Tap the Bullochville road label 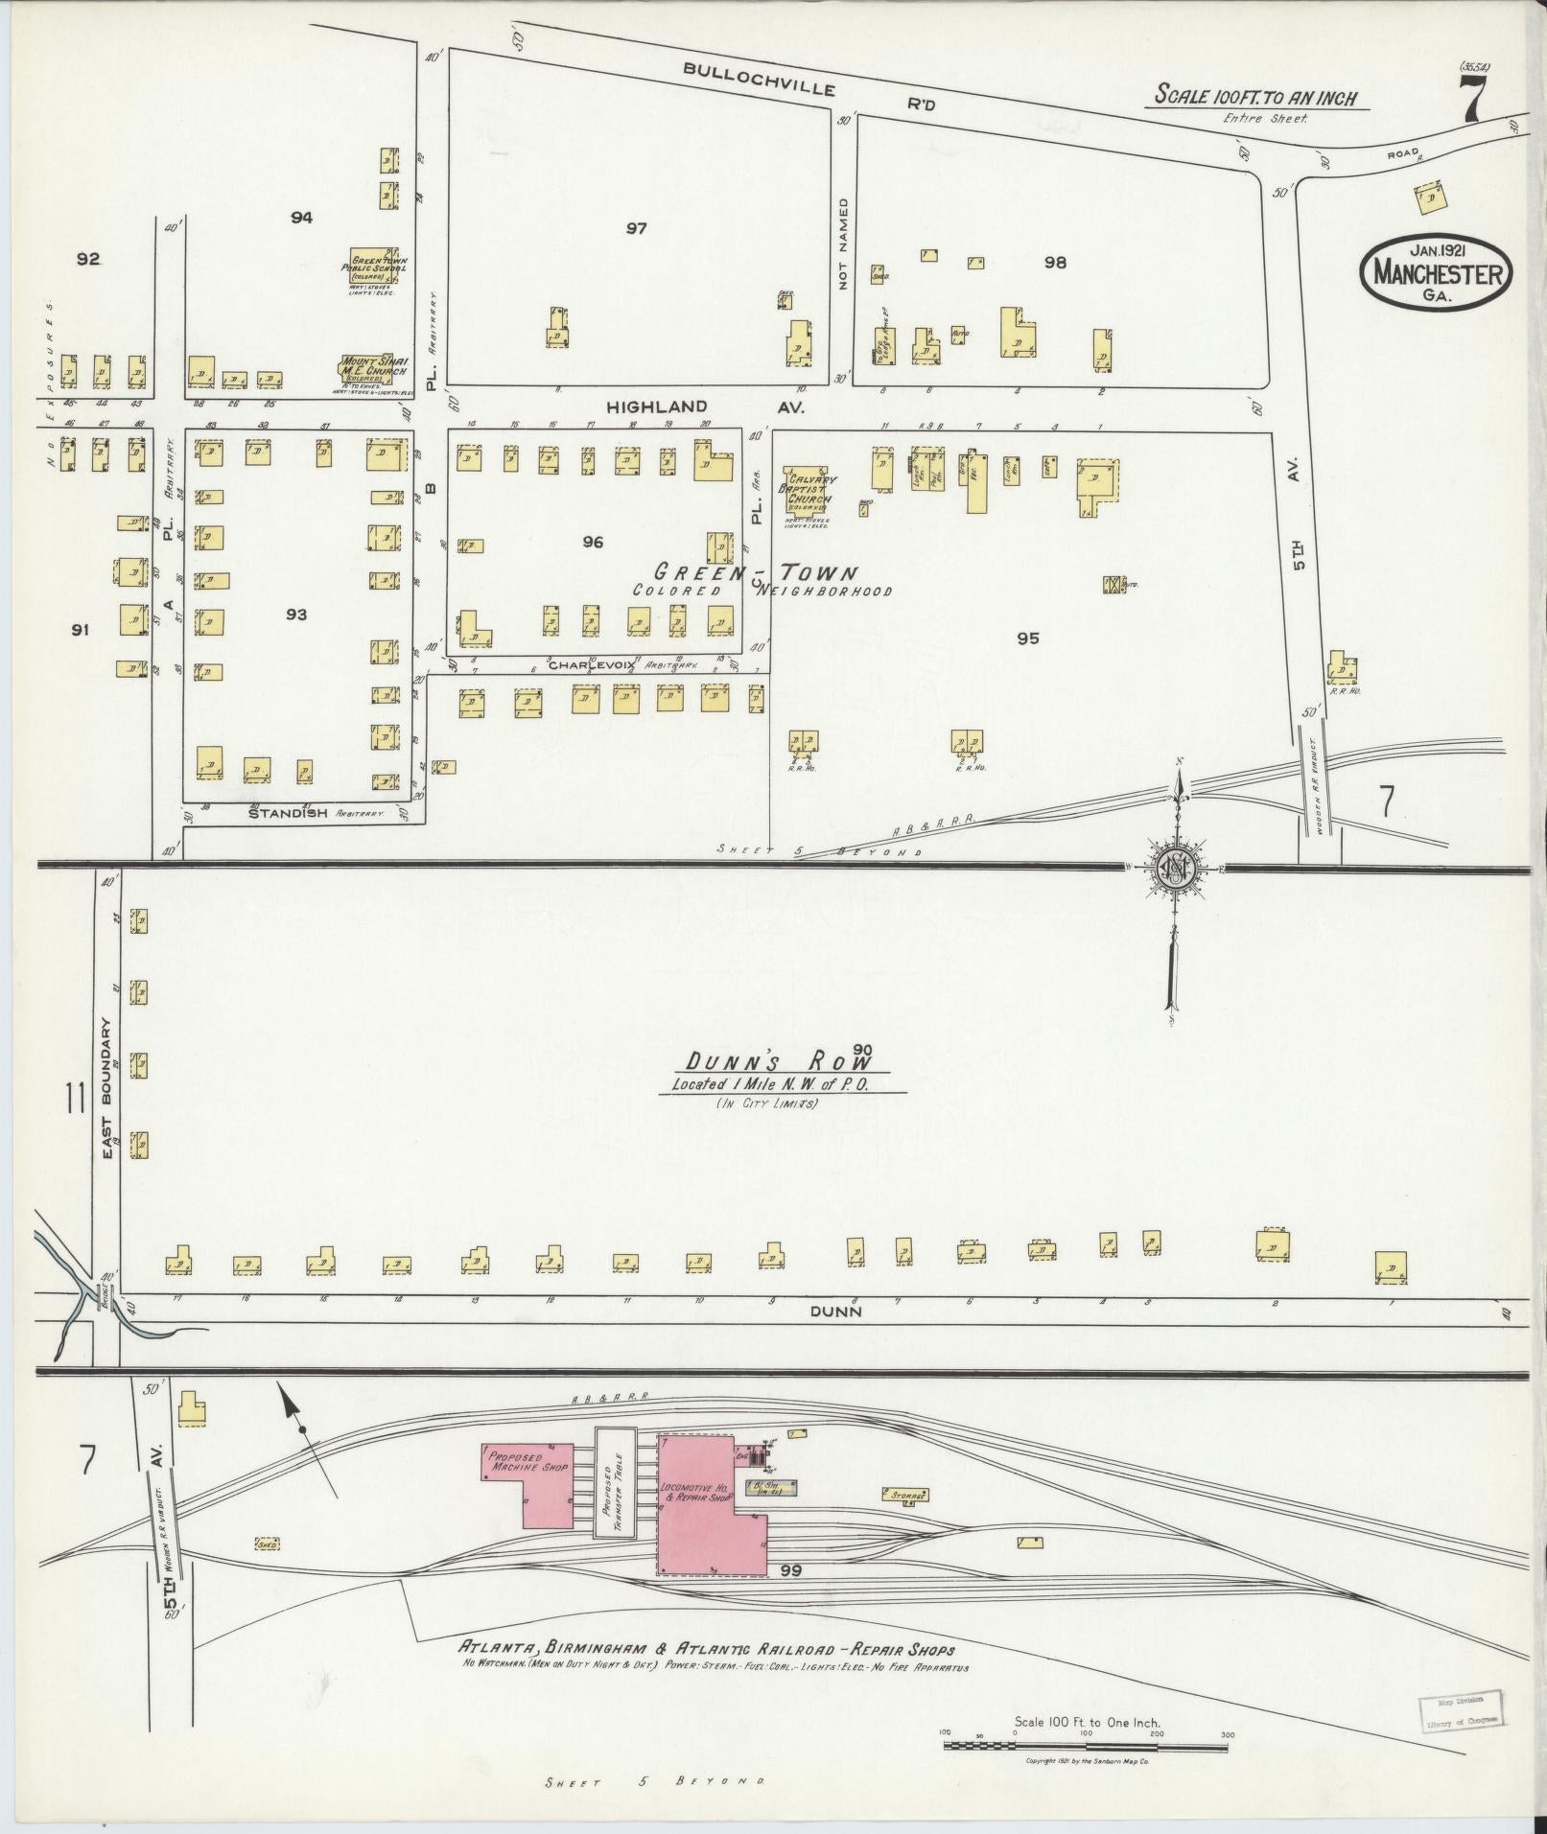pos(759,80)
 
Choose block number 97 pos(636,228)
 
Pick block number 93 pos(295,614)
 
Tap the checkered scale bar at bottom pos(1085,1746)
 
